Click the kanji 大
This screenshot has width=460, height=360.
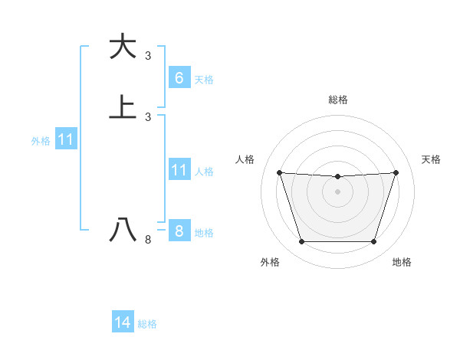123,47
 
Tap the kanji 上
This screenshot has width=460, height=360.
123,106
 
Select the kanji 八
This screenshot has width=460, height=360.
123,230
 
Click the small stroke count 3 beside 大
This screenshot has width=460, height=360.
148,55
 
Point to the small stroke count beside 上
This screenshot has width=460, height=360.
148,116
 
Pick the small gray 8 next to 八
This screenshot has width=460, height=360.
148,240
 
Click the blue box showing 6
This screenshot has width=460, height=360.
179,77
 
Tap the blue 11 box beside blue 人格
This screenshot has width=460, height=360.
179,170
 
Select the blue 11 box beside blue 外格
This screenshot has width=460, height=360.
66,139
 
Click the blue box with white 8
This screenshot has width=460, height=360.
179,231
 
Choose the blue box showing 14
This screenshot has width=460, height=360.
123,323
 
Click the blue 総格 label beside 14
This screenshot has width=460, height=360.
147,325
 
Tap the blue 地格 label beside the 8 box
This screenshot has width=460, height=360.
204,233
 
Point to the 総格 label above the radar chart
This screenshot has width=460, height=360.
338,100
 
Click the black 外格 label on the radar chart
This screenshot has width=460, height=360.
270,262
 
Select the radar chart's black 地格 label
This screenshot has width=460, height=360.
402,262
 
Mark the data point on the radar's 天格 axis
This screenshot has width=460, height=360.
396,172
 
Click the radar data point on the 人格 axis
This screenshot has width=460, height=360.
279,172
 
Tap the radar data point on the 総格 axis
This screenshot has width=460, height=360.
337,177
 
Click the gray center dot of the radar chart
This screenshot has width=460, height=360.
337,191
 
